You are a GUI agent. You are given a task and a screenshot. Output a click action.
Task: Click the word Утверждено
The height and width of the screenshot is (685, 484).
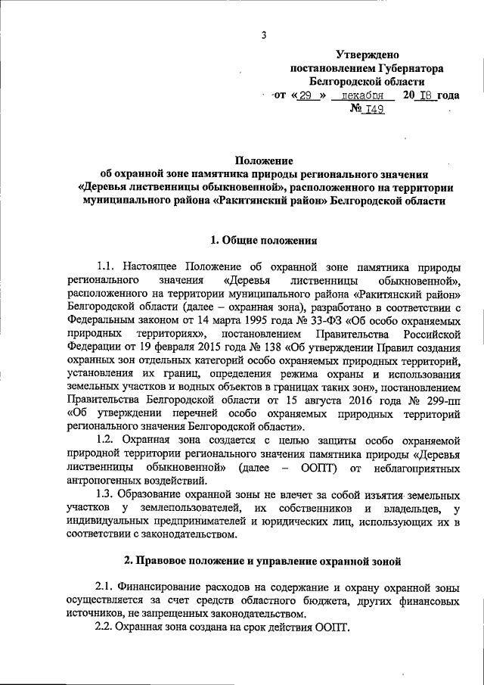(367, 54)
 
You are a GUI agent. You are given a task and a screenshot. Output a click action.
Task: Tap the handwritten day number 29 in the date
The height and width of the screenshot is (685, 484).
(304, 96)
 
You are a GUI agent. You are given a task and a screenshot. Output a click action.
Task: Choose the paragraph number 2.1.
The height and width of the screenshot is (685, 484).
(104, 587)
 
